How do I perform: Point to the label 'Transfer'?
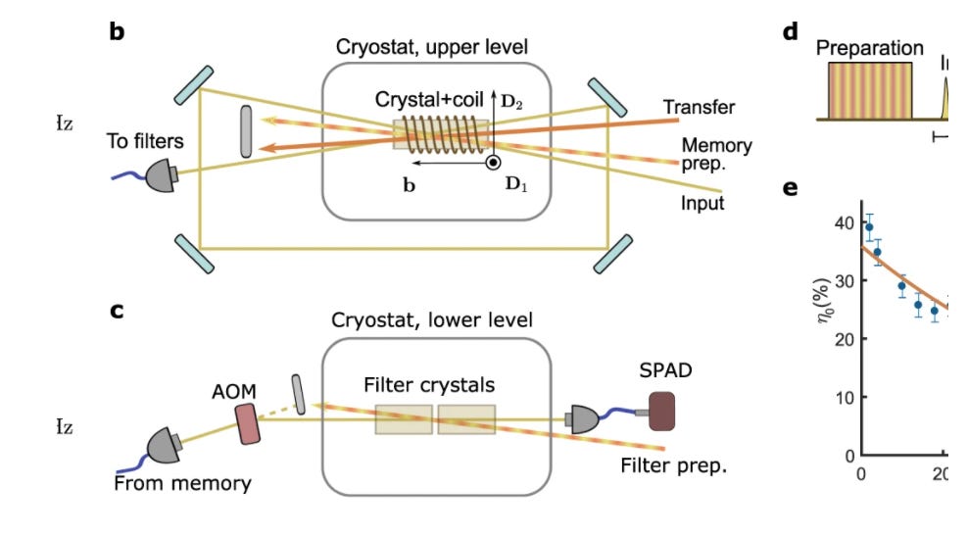[699, 107]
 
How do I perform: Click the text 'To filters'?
[146, 141]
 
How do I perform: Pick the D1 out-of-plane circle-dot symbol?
[493, 163]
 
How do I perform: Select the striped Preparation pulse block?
[870, 90]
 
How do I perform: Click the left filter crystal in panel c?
[404, 419]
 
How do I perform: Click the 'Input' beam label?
[702, 204]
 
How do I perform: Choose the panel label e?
[792, 188]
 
